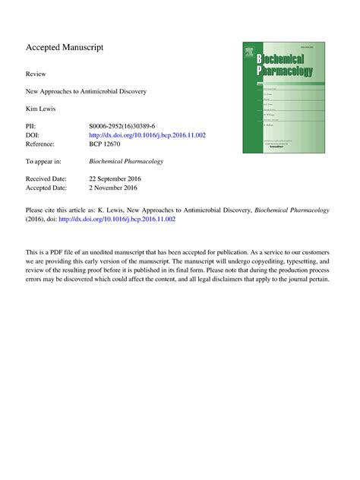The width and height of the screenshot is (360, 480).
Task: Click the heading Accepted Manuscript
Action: click(65, 48)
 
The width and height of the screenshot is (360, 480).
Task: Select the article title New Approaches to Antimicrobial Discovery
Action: click(86, 92)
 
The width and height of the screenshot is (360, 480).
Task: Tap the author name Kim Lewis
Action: click(43, 109)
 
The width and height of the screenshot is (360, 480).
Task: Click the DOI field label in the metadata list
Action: click(33, 134)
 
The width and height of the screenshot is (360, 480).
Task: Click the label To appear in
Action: click(43, 162)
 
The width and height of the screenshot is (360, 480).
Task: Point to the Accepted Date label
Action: click(46, 188)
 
